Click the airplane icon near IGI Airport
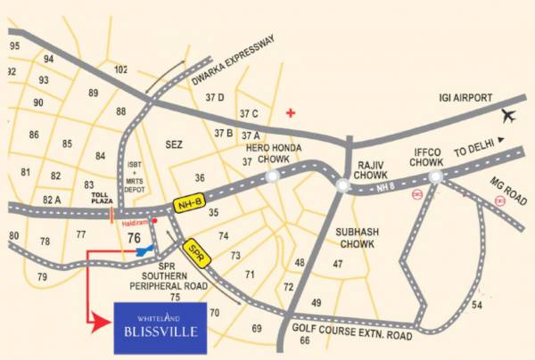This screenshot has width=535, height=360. [x=509, y=115]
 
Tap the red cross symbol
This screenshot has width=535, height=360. [x=289, y=113]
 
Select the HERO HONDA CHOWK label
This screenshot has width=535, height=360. [x=280, y=153]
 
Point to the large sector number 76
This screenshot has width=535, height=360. [x=136, y=237]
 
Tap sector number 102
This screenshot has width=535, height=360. [x=121, y=70]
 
